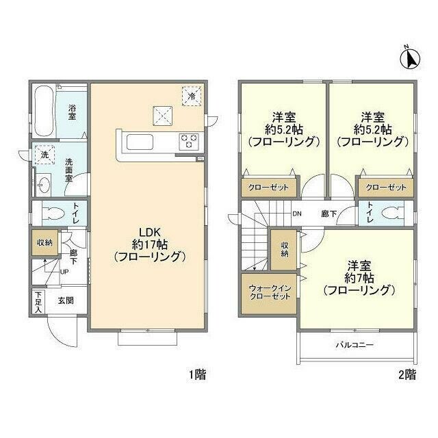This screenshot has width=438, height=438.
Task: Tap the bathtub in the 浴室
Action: coord(42,111)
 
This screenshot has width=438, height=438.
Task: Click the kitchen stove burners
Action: coord(188,142)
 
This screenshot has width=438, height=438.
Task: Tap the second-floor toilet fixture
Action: coord(391,212)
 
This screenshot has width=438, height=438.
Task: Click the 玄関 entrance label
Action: coord(66,300)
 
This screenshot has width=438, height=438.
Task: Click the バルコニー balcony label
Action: coord(354,345)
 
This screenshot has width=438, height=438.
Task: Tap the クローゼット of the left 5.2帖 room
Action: coord(268,188)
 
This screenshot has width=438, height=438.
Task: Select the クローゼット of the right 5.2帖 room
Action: coord(386,188)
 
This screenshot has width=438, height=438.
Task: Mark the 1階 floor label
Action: coord(196,374)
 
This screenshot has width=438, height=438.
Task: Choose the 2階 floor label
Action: coord(407,374)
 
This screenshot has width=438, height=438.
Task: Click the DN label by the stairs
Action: coord(298,213)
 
